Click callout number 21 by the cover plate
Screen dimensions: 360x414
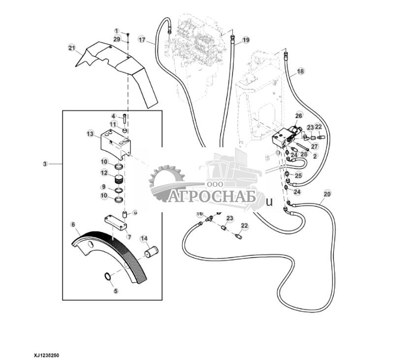click(71, 48)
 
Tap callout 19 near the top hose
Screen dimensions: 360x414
click(246, 39)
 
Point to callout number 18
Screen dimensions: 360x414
click(300, 71)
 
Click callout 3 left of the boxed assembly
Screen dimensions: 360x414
click(46, 164)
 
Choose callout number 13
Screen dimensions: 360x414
click(90, 133)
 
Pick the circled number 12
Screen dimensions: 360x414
click(104, 173)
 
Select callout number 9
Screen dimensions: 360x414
click(104, 187)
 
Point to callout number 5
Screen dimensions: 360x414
click(116, 291)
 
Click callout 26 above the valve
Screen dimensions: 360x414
click(298, 116)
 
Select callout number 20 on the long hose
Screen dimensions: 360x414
click(327, 194)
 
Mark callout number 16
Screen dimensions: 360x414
click(199, 214)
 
